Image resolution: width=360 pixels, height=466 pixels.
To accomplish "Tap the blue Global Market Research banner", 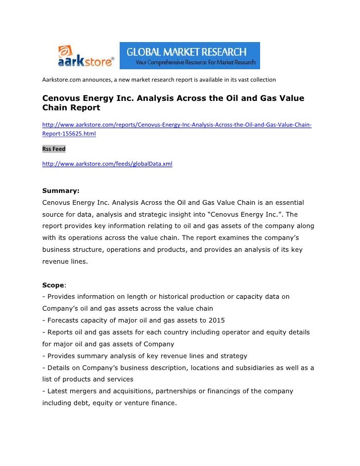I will coord(190,56).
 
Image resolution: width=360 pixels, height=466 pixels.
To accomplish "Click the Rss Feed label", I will coord(54,149).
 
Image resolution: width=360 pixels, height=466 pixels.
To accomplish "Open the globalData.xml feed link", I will coord(107,163).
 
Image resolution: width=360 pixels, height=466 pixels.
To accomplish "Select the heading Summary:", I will coord(61,190).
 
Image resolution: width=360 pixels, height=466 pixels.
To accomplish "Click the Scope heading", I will coord(53,285).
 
